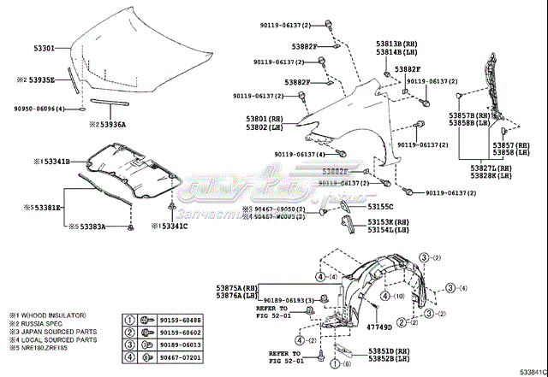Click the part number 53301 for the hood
45,48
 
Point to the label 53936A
111,124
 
